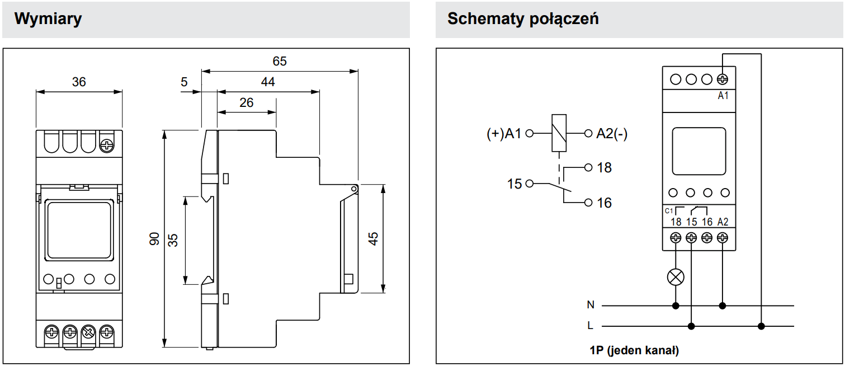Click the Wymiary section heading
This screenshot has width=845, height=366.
(48, 18)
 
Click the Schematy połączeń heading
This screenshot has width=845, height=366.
(523, 18)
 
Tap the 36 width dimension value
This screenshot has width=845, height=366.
(79, 82)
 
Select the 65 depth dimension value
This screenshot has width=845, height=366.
(280, 61)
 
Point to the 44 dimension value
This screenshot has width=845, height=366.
(268, 82)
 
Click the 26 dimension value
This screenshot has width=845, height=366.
(246, 102)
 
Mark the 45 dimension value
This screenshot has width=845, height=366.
(373, 238)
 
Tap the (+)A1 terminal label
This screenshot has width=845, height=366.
(504, 134)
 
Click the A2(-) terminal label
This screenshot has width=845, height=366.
(612, 134)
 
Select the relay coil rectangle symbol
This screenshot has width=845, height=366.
(559, 133)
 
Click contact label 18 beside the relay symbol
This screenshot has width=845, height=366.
(605, 167)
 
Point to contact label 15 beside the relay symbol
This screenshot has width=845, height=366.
(514, 184)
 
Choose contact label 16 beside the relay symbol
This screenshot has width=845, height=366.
(605, 203)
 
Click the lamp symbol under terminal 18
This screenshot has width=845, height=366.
(676, 276)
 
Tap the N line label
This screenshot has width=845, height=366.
(591, 305)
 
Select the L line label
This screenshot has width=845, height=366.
(591, 325)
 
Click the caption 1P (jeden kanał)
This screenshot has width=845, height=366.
(634, 351)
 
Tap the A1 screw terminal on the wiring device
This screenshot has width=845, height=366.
(723, 79)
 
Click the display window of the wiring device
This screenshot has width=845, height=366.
(699, 151)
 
